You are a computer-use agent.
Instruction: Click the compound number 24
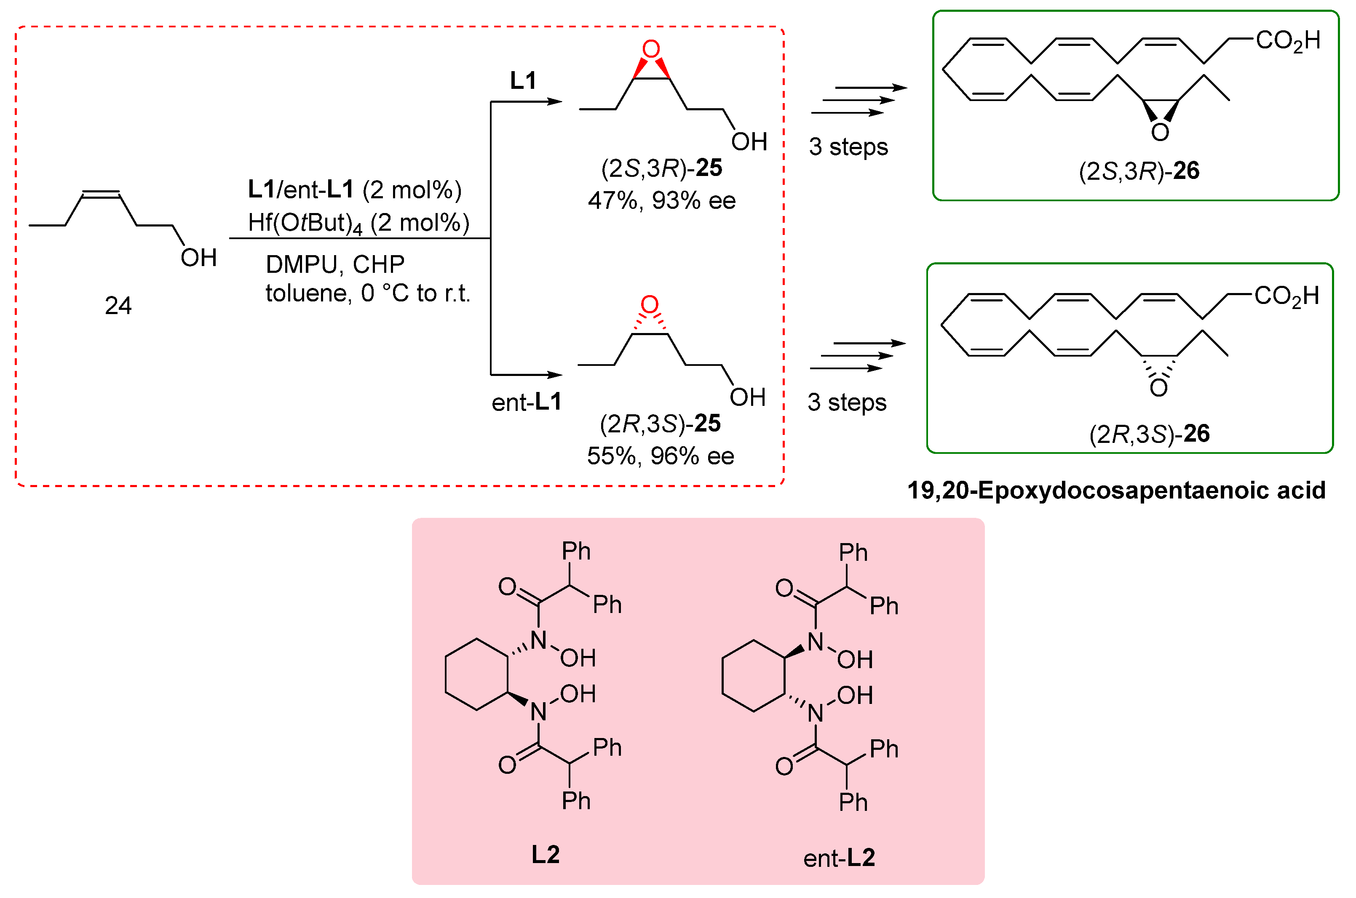tap(118, 306)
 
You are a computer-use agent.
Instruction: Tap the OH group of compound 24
tap(198, 258)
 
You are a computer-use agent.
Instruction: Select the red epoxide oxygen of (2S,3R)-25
tap(651, 49)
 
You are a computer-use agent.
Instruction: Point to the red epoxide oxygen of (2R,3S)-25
tap(649, 305)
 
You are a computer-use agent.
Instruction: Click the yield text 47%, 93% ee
tap(662, 200)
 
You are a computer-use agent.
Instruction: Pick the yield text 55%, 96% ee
tap(661, 456)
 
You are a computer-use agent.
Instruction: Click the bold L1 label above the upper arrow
tap(523, 81)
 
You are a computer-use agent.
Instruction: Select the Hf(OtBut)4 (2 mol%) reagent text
tap(358, 223)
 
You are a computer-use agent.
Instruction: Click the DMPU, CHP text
tap(335, 264)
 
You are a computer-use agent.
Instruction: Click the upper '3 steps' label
tap(848, 147)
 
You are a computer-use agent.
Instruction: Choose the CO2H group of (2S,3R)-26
tap(1288, 41)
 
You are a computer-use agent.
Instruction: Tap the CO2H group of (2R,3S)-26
tap(1286, 296)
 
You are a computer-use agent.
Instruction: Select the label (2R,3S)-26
tap(1149, 434)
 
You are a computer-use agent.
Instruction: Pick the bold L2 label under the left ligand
tap(546, 855)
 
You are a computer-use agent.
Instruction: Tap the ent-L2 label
tap(839, 858)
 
